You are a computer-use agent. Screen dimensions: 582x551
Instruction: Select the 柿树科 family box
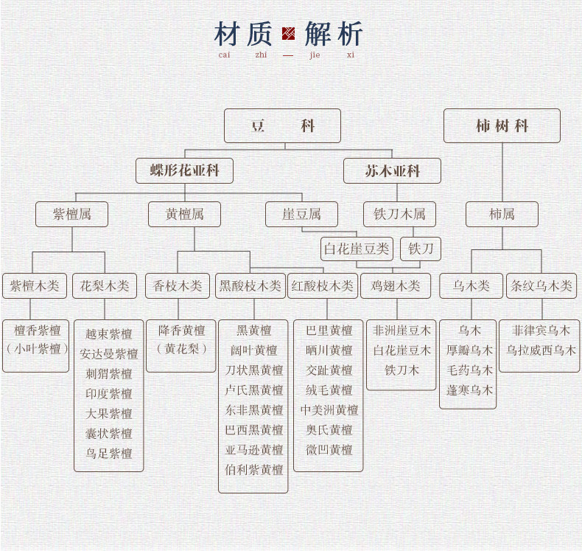click(502, 126)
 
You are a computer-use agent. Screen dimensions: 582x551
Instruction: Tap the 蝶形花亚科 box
click(184, 170)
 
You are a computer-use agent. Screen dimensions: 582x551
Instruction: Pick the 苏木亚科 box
click(392, 170)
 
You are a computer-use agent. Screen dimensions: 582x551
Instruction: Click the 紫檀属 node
click(72, 215)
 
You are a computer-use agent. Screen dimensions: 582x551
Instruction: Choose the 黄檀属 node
click(184, 215)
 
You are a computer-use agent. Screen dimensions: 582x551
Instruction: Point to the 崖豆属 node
click(301, 215)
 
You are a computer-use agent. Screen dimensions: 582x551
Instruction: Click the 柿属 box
click(502, 215)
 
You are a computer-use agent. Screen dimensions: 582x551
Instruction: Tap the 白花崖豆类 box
click(357, 249)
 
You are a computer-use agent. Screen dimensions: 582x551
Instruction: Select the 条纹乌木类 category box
click(541, 285)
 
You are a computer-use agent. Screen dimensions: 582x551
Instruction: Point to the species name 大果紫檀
click(108, 414)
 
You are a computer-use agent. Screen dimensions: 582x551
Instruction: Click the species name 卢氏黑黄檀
click(253, 390)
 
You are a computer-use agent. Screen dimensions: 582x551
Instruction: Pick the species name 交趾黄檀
click(329, 370)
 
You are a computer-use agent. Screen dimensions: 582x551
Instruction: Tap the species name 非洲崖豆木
click(402, 330)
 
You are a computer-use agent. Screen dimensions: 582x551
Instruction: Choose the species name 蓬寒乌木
click(469, 390)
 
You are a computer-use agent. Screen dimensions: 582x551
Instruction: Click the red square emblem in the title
click(288, 34)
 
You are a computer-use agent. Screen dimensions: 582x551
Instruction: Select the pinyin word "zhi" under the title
click(262, 55)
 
